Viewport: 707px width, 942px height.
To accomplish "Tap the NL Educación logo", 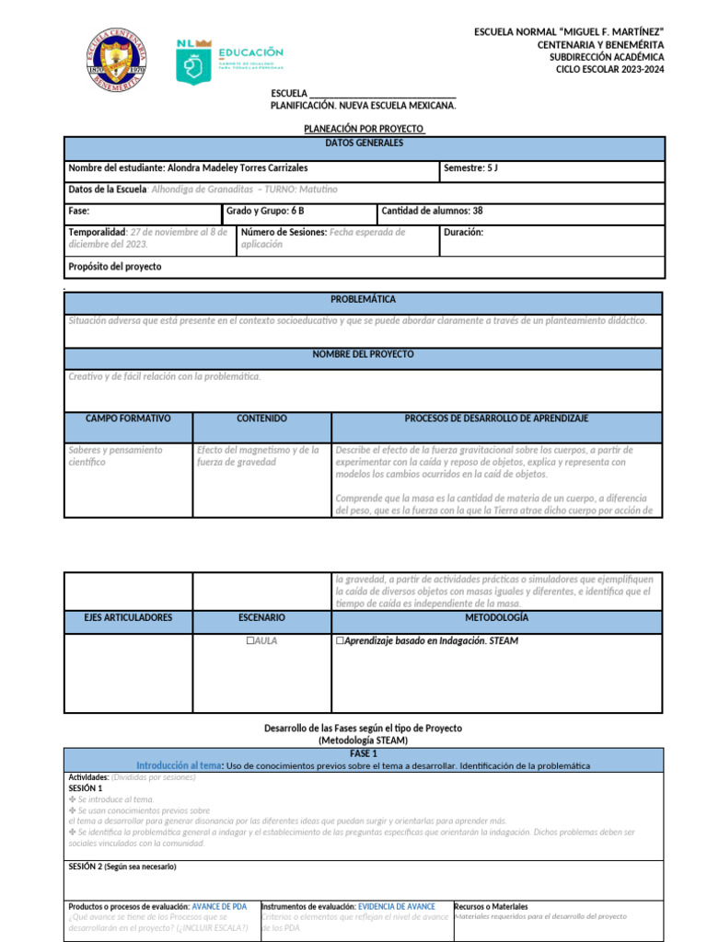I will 229,60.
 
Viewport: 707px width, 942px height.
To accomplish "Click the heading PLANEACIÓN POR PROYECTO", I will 364,130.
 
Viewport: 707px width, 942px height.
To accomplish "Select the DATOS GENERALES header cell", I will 364,144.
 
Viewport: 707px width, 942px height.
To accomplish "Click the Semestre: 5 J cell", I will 470,168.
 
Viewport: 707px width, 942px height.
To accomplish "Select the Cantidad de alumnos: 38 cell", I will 432,211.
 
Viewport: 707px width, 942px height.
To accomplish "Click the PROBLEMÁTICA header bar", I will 363,300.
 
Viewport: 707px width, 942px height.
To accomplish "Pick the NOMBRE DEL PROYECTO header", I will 363,354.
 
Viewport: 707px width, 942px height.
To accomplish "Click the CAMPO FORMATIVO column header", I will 128,419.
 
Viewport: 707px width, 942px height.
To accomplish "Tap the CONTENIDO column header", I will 261,419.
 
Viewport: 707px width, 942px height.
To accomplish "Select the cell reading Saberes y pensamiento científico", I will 115,455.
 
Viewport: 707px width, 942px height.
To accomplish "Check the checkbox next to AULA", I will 249,640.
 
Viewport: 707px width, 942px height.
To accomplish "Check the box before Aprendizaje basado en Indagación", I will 341,640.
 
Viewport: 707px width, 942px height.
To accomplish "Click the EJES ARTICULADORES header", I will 128,617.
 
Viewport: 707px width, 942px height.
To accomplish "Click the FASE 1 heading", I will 363,752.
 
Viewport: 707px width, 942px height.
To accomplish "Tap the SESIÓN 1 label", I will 86,788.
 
